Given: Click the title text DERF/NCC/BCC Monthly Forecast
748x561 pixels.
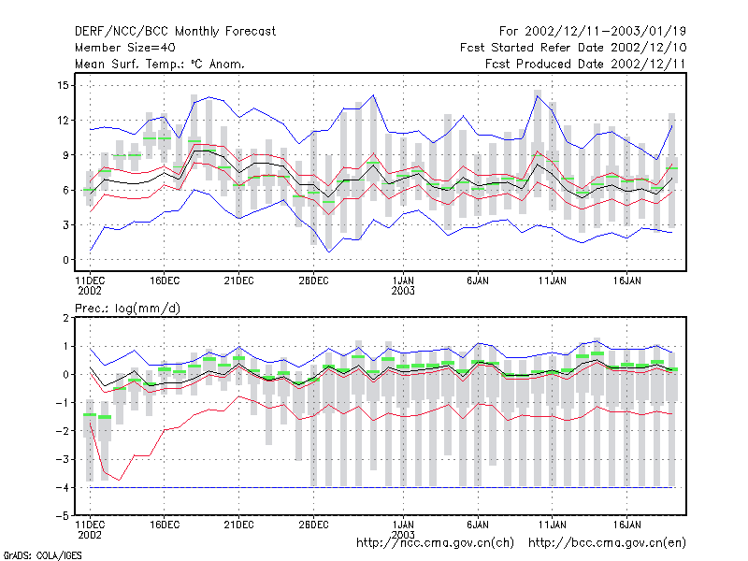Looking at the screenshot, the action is point(175,32).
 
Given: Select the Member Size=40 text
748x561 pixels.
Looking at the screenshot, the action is point(125,48).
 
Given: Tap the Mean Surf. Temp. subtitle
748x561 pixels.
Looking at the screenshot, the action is point(159,64).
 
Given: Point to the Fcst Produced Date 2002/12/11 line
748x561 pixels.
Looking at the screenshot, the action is point(585,64).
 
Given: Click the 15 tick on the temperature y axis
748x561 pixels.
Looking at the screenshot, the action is point(63,85).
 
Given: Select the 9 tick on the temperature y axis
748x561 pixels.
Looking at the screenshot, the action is point(65,155).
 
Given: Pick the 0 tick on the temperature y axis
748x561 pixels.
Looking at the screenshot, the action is point(65,260).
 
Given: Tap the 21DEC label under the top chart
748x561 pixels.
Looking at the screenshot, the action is point(238,280).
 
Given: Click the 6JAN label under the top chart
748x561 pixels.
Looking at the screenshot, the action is point(478,280).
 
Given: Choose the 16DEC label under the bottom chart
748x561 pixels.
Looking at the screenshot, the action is point(165,525).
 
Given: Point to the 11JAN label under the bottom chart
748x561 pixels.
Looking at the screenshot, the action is point(553,525).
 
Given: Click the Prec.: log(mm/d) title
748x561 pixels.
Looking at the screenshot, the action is point(127,309).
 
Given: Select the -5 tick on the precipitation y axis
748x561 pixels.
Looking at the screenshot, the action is point(63,516).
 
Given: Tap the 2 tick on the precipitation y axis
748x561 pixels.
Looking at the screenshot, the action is point(65,318).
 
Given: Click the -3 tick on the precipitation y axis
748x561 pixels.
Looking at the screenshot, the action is point(63,459).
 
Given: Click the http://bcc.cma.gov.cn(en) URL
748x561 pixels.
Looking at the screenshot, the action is point(607,543).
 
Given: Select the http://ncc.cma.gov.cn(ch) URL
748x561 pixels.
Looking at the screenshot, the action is point(435,543).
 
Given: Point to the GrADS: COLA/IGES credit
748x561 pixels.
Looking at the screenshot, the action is point(42,555).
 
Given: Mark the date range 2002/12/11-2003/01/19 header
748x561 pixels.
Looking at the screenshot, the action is point(605,32).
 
